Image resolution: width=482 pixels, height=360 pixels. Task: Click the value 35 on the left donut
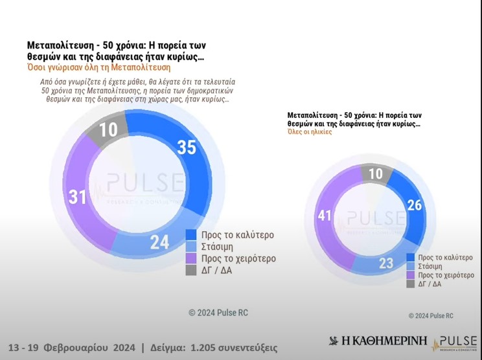click(187, 148)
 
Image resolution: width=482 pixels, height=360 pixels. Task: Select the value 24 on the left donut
click(159, 242)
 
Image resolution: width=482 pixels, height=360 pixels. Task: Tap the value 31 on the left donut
click(78, 196)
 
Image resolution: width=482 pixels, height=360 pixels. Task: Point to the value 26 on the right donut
click(414, 205)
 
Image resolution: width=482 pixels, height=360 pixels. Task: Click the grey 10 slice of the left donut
click(108, 129)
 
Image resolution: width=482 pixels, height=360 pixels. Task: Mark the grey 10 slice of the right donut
click(376, 174)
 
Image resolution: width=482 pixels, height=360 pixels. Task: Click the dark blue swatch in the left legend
click(191, 234)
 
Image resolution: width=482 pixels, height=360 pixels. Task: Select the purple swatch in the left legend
click(191, 258)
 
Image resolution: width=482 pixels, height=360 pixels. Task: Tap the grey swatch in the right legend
click(411, 284)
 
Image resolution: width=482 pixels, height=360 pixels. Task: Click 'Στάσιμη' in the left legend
click(217, 247)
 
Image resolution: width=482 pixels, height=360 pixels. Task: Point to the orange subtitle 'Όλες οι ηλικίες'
click(310, 131)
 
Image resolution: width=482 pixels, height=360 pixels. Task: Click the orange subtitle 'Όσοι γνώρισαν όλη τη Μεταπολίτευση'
click(98, 67)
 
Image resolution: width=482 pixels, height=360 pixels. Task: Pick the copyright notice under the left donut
click(218, 313)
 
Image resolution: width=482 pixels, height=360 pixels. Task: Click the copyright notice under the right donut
click(431, 315)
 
